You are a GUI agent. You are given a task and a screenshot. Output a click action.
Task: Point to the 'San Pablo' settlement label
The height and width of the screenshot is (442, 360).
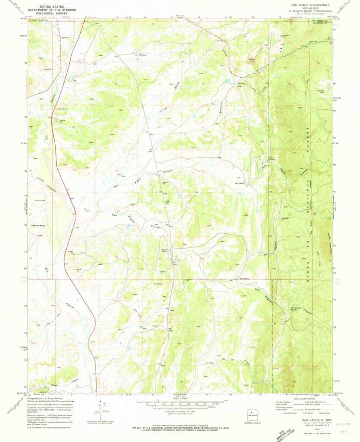[x=239, y=183]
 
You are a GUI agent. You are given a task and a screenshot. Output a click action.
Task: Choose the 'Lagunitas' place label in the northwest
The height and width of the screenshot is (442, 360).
[x=64, y=38]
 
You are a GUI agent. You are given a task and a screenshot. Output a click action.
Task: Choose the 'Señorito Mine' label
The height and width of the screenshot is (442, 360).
[x=241, y=85]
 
